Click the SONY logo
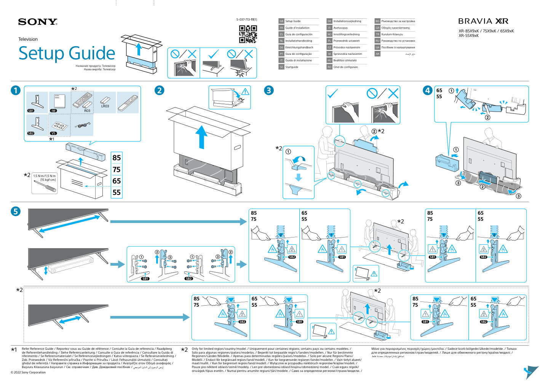point(37,22)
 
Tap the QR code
point(248,34)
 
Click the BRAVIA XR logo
point(483,21)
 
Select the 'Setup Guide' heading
point(67,53)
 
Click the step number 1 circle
point(15,90)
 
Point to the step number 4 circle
point(427,90)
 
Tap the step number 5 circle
point(15,211)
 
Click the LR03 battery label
point(105,106)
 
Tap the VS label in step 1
point(53,133)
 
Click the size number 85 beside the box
point(117,158)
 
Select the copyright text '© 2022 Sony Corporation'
point(28,372)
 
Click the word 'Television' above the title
point(28,39)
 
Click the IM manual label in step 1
point(53,111)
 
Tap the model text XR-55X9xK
point(468,36)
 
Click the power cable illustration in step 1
point(82,125)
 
